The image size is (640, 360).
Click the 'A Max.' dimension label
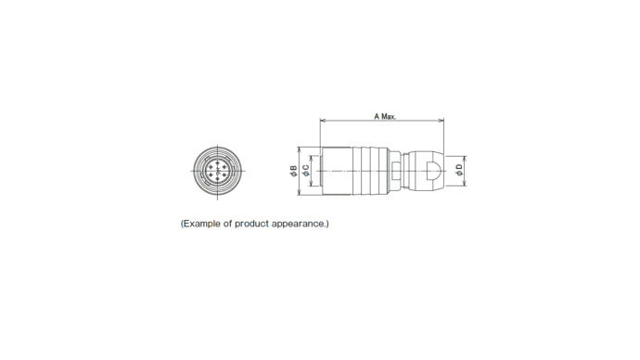pos(385,116)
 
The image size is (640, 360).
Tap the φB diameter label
pos(293,171)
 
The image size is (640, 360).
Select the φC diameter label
pos(306,171)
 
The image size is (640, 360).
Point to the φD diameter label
pos(459,170)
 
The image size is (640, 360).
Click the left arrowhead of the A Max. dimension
pos(323,121)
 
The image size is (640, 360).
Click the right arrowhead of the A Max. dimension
pos(441,121)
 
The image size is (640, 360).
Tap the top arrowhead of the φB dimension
pos(300,149)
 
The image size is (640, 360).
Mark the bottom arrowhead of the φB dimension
pos(300,192)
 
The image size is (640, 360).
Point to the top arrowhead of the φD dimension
pos(466,160)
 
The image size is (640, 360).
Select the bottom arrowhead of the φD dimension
pos(466,183)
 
